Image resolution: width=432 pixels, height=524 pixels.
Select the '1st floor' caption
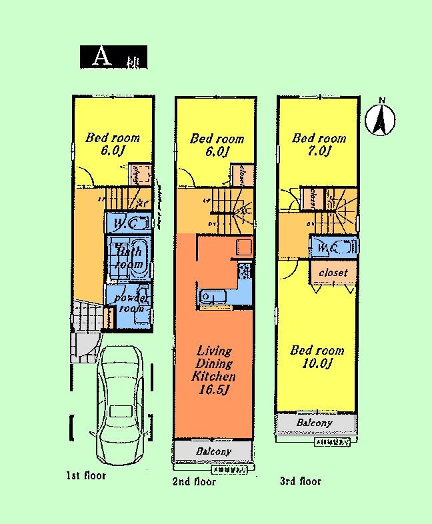[x=85, y=476]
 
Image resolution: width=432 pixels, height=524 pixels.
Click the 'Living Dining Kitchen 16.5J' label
[x=213, y=370]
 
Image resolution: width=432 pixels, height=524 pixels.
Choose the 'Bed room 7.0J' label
[x=319, y=145]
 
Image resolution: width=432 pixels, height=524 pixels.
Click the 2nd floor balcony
[x=214, y=451]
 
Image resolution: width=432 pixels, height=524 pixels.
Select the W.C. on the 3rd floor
[x=333, y=247]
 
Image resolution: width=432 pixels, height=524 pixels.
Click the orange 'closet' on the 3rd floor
[x=333, y=273]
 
